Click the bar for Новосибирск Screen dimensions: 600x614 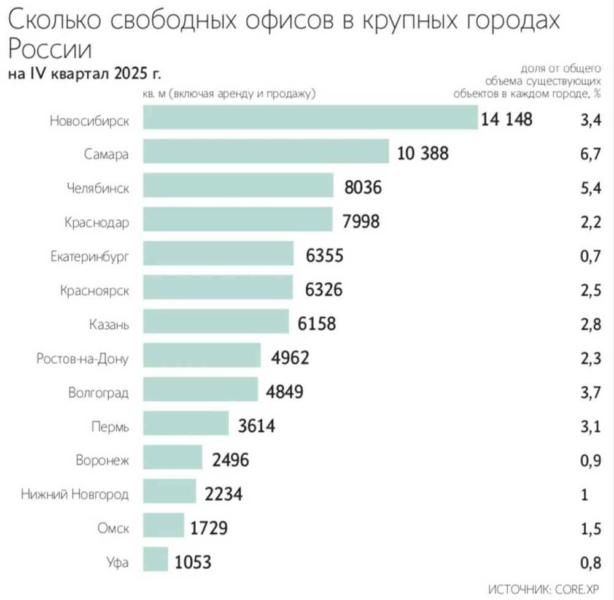click(310, 118)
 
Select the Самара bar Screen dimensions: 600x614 click(266, 152)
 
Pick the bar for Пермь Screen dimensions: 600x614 click(185, 425)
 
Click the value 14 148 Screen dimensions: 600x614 click(507, 119)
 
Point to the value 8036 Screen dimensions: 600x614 click(363, 187)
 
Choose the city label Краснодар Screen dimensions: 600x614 click(96, 221)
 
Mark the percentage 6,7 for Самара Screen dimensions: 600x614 click(590, 153)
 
